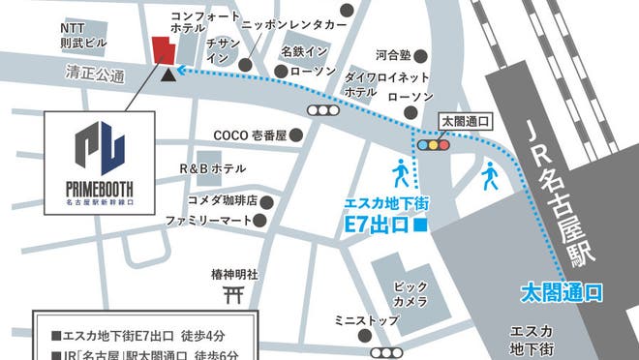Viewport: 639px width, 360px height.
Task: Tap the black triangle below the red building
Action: (170, 73)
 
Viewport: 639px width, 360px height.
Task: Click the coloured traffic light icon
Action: (433, 146)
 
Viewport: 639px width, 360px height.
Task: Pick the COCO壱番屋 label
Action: (250, 135)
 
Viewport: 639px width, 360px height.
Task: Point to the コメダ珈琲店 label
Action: (222, 201)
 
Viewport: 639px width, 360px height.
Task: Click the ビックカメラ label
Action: (411, 294)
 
